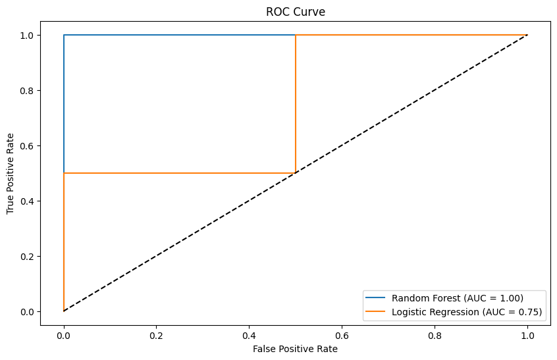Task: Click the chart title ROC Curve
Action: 296,12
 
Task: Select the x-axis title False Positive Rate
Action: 296,349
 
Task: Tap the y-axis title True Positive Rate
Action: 11,173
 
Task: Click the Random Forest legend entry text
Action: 458,298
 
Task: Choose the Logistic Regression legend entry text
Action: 466,312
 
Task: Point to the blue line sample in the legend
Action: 377,298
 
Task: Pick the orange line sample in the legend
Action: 377,312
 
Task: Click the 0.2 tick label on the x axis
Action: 157,334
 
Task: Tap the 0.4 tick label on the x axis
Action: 249,334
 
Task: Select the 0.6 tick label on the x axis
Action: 342,334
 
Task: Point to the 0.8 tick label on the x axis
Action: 435,334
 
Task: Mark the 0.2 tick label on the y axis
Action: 26,256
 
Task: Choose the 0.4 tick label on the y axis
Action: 26,201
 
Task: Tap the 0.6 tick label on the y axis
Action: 26,145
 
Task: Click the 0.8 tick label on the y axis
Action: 26,90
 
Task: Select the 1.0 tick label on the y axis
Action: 26,35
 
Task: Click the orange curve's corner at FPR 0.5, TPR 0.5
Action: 296,173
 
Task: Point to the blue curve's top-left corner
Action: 64,35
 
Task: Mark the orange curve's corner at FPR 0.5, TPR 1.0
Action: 296,35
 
